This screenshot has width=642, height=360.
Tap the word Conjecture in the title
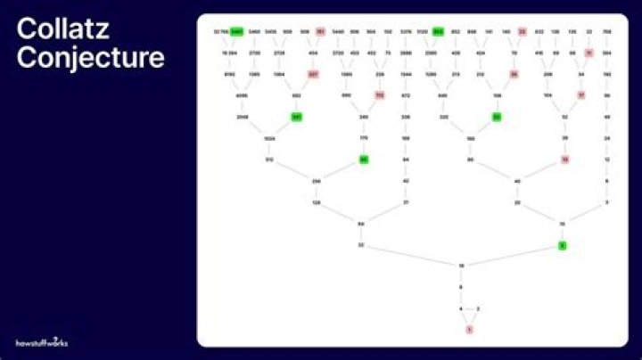(91, 57)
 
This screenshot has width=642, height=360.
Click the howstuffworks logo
(42, 341)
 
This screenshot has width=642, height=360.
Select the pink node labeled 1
(469, 330)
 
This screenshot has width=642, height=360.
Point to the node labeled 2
(479, 308)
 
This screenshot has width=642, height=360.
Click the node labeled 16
(461, 266)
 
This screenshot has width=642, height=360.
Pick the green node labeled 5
(562, 244)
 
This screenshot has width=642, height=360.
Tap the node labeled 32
(361, 244)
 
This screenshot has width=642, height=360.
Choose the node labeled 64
(361, 223)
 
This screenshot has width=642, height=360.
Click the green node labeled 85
(364, 160)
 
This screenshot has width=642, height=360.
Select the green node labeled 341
(296, 117)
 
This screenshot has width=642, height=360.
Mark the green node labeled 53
(497, 117)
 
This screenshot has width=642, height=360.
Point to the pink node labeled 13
(564, 160)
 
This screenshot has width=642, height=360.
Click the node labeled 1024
(269, 138)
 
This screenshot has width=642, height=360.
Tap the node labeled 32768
(219, 31)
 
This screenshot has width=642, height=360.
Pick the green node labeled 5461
(236, 31)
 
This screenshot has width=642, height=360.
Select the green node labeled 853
(438, 31)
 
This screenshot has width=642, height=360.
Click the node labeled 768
(607, 31)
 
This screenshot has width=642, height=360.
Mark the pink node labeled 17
(581, 94)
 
